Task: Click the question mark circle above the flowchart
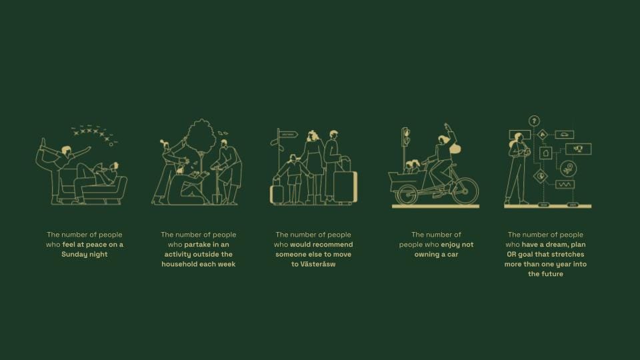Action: [x=534, y=121]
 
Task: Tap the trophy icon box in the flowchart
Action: [x=579, y=149]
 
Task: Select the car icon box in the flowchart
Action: [x=565, y=134]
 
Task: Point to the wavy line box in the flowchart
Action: [x=565, y=185]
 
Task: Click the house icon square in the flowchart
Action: [x=546, y=153]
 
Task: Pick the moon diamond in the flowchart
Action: [x=541, y=176]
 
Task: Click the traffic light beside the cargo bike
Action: [x=405, y=137]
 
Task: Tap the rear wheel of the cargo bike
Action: [x=465, y=191]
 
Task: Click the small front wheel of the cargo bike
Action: [x=407, y=194]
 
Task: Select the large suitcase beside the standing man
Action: [x=345, y=187]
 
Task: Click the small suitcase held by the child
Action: [x=277, y=194]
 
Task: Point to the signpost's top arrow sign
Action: [x=289, y=134]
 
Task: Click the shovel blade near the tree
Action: [x=217, y=199]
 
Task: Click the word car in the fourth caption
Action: [x=452, y=254]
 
